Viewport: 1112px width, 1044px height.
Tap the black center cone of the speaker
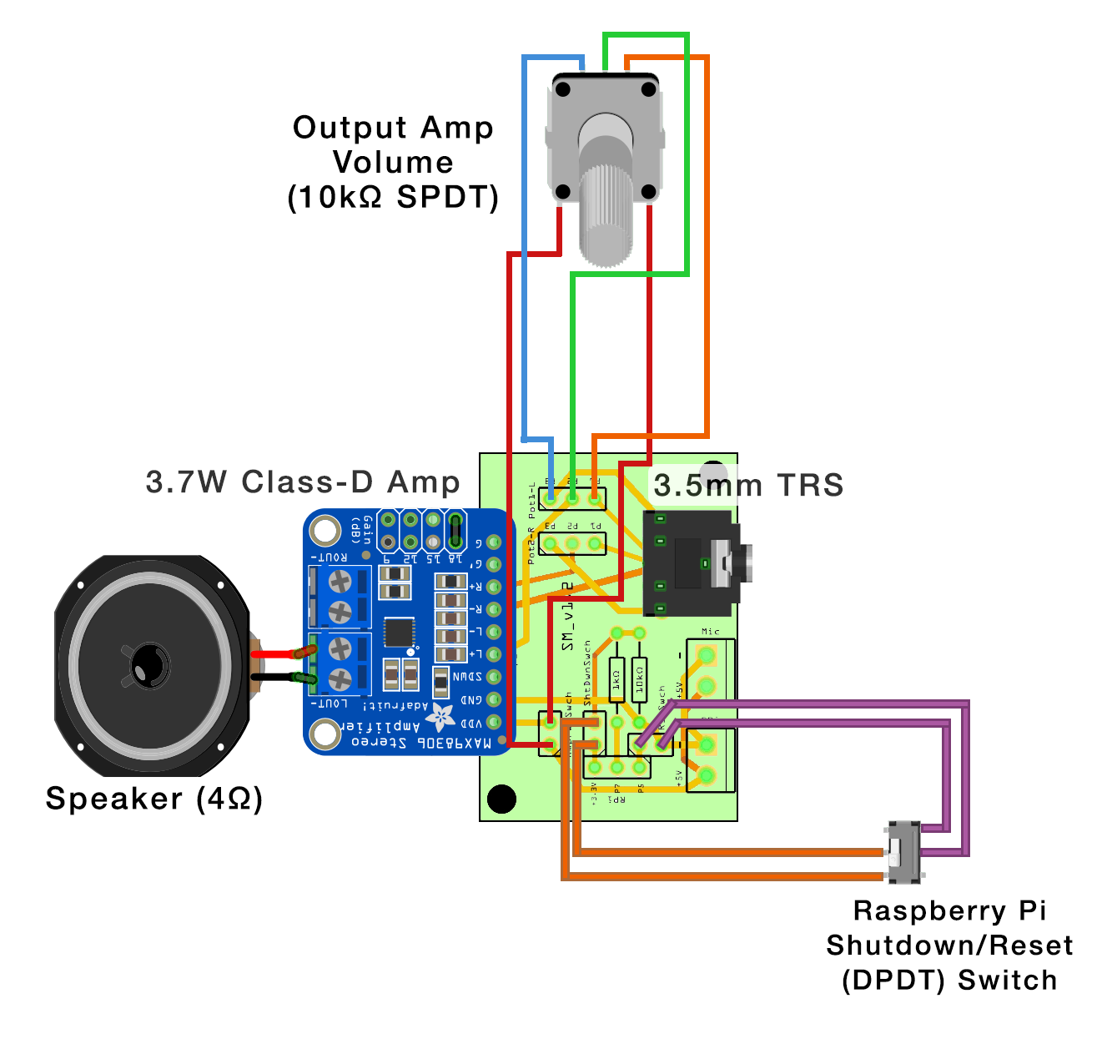click(150, 665)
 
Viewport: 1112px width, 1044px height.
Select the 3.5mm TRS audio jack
click(691, 563)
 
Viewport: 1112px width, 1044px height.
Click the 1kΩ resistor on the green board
click(616, 680)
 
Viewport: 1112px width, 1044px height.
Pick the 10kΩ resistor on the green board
click(639, 680)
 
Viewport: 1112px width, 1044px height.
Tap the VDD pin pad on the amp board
click(494, 722)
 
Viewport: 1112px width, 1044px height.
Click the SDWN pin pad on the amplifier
click(494, 677)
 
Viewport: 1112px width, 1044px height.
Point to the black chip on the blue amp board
click(400, 633)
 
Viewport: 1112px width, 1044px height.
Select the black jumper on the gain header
click(455, 529)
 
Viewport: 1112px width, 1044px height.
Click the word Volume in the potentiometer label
click(393, 162)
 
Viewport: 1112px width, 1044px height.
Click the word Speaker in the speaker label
click(113, 799)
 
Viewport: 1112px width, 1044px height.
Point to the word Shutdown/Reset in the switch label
click(949, 946)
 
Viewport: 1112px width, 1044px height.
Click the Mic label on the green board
click(710, 632)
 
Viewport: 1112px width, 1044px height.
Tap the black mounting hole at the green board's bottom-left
click(501, 799)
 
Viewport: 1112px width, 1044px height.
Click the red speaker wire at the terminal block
click(284, 653)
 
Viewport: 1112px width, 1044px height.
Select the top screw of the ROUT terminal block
click(340, 581)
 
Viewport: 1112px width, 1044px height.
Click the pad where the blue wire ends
click(551, 498)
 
